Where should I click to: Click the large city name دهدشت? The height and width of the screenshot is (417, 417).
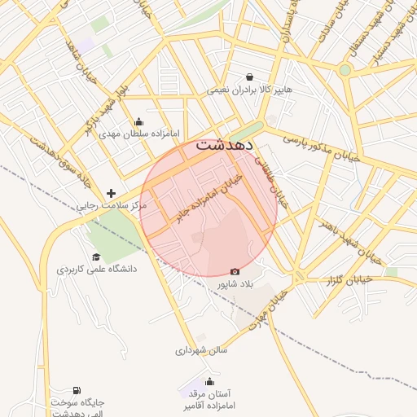pyautogui.click(x=225, y=147)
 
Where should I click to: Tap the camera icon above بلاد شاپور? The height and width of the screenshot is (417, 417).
pyautogui.click(x=235, y=271)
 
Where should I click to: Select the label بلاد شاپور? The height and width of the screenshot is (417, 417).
pyautogui.click(x=235, y=284)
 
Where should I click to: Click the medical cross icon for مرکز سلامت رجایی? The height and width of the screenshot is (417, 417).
pyautogui.click(x=112, y=194)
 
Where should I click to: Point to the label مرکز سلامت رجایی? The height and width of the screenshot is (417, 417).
pyautogui.click(x=112, y=207)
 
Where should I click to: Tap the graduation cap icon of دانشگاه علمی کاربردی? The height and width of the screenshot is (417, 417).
pyautogui.click(x=96, y=257)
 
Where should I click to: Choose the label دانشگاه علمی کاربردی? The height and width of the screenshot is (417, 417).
pyautogui.click(x=96, y=269)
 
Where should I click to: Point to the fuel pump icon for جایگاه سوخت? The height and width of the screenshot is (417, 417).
pyautogui.click(x=77, y=391)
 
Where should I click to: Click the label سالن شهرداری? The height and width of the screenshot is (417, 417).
pyautogui.click(x=201, y=351)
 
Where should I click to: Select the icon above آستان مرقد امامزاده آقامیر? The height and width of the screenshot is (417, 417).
pyautogui.click(x=210, y=382)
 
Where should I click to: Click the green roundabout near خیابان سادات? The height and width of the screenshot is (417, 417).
pyautogui.click(x=345, y=70)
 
